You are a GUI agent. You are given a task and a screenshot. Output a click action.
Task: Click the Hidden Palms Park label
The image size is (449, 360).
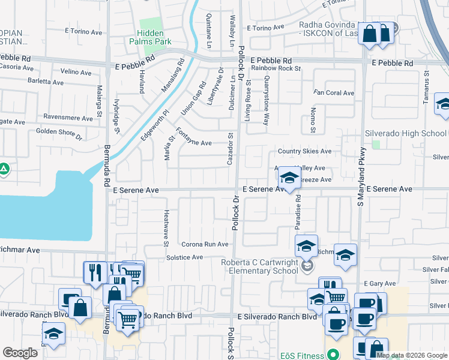pos(150,37)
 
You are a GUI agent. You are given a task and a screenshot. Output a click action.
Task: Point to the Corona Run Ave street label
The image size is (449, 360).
pos(205,244)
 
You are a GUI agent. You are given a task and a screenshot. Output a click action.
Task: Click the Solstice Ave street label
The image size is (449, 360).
pos(184,257)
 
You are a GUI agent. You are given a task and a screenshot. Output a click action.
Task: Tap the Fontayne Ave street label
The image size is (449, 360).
pos(193,143)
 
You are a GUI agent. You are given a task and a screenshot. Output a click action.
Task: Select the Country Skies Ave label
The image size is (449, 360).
pos(304,152)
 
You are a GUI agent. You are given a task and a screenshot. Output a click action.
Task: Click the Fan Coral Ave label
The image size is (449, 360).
pos(334,93)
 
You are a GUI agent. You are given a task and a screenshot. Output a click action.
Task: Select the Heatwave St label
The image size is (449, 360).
pos(166,227)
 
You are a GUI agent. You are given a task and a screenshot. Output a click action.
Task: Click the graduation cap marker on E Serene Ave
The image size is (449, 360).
pos(289,178)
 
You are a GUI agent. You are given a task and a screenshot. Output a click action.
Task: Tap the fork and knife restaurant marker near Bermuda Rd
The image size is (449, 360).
pos(94,272)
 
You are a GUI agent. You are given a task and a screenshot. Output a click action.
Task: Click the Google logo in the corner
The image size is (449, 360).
pos(20,353)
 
